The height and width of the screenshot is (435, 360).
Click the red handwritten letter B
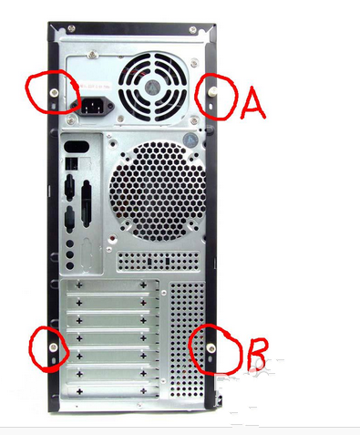pyautogui.click(x=257, y=355)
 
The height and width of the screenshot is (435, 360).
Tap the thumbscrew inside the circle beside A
pyautogui.click(x=213, y=91)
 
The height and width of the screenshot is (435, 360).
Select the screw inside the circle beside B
pyautogui.click(x=211, y=348)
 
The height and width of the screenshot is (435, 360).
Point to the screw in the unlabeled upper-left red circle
pyautogui.click(x=55, y=93)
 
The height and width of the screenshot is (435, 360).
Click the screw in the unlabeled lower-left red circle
pyautogui.click(x=54, y=347)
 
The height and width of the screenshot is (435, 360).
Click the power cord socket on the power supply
pyautogui.click(x=93, y=106)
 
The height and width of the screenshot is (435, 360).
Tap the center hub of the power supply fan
pyautogui.click(x=153, y=88)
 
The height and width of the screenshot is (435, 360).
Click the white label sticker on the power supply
pyautogui.click(x=95, y=87)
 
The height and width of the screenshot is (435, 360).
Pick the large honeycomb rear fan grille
pyautogui.click(x=157, y=192)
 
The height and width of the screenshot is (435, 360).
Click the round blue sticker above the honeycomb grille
pyautogui.click(x=190, y=140)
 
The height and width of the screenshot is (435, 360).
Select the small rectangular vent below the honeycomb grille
pyautogui.click(x=159, y=261)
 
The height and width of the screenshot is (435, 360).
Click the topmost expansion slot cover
pyautogui.click(x=111, y=285)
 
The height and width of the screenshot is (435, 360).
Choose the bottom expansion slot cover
pyautogui.click(x=112, y=391)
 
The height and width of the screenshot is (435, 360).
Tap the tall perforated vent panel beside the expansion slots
pyautogui.click(x=187, y=340)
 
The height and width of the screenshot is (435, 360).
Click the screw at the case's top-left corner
pyautogui.click(x=71, y=29)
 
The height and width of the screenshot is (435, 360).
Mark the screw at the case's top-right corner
pyautogui.click(x=192, y=30)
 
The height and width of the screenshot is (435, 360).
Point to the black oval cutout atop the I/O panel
pyautogui.click(x=77, y=147)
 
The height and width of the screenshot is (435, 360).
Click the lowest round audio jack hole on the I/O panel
pyautogui.click(x=70, y=265)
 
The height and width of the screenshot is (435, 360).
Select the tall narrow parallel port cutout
pyautogui.click(x=87, y=204)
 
